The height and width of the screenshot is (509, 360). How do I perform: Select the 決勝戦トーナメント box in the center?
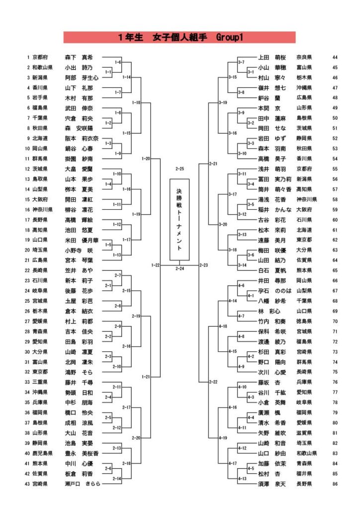point(180,220)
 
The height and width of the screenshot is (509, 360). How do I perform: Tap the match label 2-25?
point(180,169)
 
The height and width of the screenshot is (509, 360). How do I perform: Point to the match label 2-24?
point(180,268)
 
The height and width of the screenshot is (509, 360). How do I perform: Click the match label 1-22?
point(155,265)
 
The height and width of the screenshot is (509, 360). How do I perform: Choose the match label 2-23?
point(203,265)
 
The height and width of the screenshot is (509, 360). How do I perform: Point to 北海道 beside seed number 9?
point(40,138)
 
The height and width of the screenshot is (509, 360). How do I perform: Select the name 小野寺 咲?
point(80,250)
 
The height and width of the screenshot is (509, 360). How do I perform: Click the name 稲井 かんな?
point(272,209)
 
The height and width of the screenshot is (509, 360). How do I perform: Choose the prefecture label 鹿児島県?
point(41,453)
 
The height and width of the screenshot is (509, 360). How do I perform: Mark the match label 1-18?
point(136,102)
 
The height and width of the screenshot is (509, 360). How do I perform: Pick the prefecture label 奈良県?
point(304,57)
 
